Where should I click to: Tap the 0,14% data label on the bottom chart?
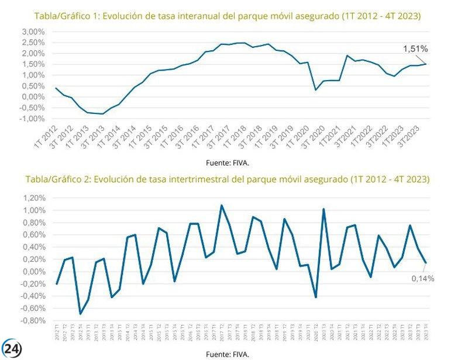422,279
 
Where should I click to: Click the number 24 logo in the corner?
12,348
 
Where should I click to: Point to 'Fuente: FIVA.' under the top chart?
227,162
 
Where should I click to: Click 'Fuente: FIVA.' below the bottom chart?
227,354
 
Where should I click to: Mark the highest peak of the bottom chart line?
222,205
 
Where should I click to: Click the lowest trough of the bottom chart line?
80,314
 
